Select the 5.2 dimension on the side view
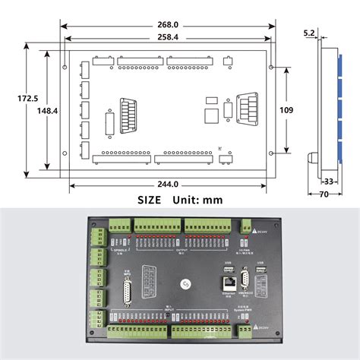click(309, 33)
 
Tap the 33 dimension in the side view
click(329, 182)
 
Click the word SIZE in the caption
click(150, 201)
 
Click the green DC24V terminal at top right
click(248, 225)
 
